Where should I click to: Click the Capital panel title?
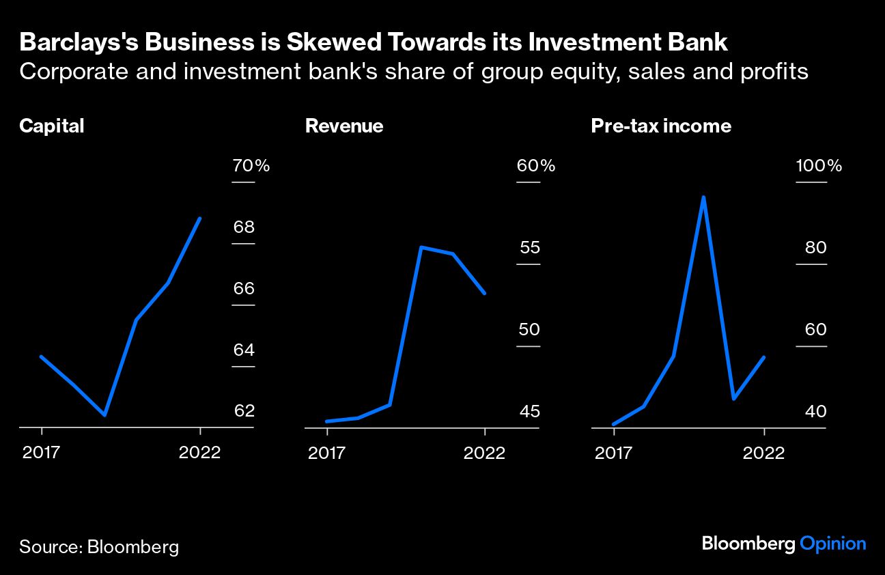pos(52,126)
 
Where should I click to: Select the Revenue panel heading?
pos(344,126)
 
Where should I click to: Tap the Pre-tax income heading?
pos(661,126)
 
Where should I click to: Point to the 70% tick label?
pos(251,166)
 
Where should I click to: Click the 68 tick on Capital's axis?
pos(244,227)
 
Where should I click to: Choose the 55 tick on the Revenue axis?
pos(530,247)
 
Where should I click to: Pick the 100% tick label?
pos(819,166)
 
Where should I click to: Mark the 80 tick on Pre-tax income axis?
pos(815,247)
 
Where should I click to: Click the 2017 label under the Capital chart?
pos(42,453)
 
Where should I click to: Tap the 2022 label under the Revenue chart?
pos(484,453)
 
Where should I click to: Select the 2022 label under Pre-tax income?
pos(763,453)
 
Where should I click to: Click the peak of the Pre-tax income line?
pos(703,197)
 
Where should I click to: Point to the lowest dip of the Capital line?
pos(104,415)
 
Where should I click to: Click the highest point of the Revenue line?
pos(422,247)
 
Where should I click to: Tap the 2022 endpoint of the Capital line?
pos(199,219)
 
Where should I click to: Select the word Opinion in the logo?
pos(832,544)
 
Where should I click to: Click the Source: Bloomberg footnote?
pos(99,546)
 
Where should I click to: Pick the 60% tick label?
pos(535,166)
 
